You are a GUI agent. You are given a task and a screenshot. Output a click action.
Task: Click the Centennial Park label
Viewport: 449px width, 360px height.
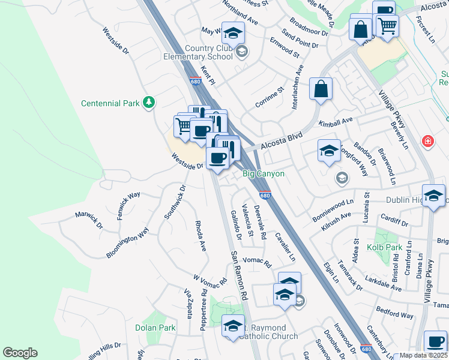[111, 103]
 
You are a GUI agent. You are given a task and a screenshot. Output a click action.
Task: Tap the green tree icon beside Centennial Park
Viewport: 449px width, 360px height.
[148, 103]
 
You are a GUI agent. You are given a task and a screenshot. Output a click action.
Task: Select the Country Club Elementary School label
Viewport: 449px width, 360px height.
[200, 52]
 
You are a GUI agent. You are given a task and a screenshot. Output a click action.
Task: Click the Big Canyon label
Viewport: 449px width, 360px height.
[263, 174]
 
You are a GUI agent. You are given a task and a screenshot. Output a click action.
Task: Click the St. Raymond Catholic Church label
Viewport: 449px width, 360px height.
[270, 332]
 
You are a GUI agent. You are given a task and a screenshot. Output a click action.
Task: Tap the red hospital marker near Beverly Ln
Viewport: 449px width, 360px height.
[427, 142]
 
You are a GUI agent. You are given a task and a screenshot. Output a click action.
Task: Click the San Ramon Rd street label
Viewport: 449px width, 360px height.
[239, 275]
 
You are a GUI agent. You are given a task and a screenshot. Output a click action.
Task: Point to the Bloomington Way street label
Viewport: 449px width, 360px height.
[127, 243]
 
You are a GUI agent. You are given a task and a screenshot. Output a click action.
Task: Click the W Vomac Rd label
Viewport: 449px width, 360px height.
[209, 280]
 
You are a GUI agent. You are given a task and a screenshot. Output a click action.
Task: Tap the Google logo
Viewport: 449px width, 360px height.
[20, 353]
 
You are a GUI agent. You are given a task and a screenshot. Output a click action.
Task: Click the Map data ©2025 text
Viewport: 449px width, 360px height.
[423, 355]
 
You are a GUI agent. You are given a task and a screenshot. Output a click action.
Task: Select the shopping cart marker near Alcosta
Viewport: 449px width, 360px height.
[388, 25]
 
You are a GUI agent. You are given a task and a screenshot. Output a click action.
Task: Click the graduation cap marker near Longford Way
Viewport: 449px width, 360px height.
[329, 151]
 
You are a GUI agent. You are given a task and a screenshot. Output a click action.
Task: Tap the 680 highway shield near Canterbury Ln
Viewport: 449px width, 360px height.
[366, 349]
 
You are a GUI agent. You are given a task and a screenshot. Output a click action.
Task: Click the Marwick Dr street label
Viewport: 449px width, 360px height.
[89, 220]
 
